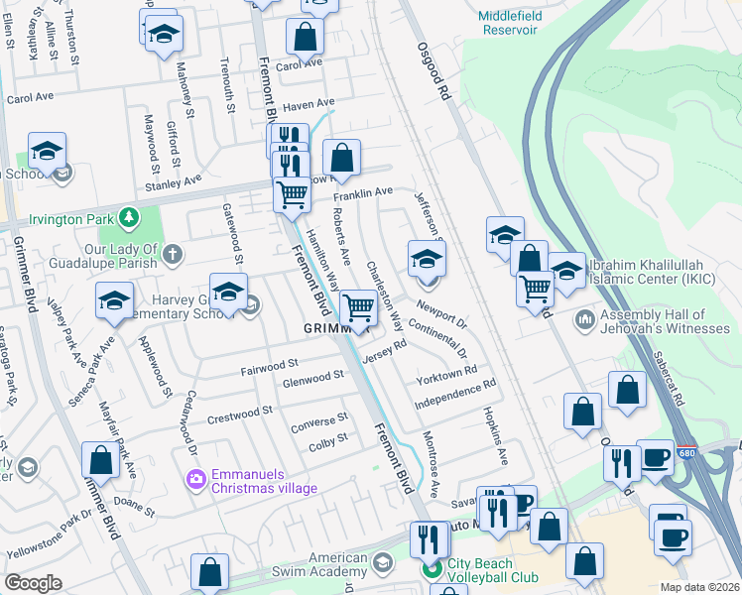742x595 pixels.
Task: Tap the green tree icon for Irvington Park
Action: pyautogui.click(x=127, y=216)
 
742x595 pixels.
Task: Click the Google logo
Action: pyautogui.click(x=33, y=583)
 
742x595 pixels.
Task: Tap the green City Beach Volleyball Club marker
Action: pyautogui.click(x=431, y=569)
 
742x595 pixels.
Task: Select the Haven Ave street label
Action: pyautogui.click(x=309, y=104)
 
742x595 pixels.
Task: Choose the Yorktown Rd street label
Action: pyautogui.click(x=447, y=378)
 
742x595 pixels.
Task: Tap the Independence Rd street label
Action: pyautogui.click(x=454, y=398)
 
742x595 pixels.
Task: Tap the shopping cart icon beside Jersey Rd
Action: pyautogui.click(x=358, y=310)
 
